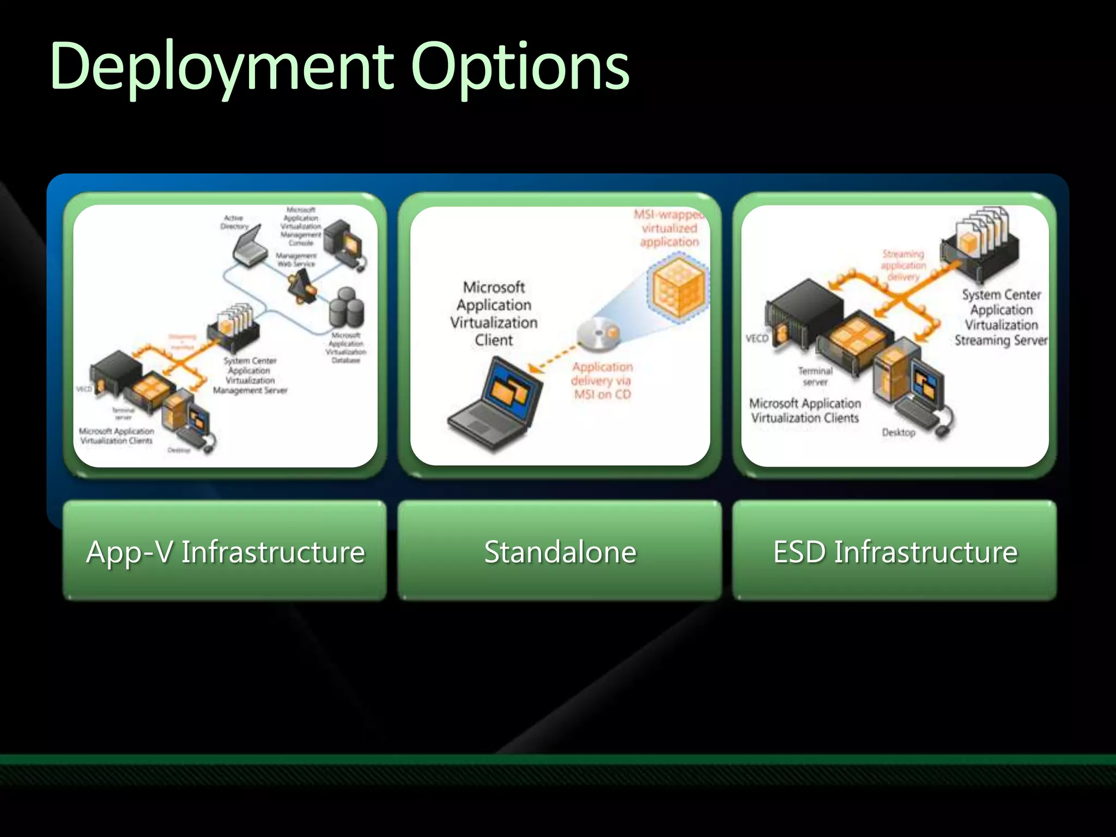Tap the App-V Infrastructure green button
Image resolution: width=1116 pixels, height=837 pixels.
pyautogui.click(x=225, y=551)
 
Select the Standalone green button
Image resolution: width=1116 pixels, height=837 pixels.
pyautogui.click(x=560, y=551)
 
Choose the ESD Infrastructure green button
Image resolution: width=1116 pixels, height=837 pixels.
pyautogui.click(x=894, y=551)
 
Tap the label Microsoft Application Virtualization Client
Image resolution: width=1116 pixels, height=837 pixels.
pyautogui.click(x=494, y=313)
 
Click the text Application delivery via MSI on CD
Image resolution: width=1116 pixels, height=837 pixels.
pyautogui.click(x=602, y=380)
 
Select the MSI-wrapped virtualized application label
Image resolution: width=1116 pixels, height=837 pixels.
pyautogui.click(x=669, y=228)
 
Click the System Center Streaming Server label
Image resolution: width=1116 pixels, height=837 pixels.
pyautogui.click(x=1001, y=318)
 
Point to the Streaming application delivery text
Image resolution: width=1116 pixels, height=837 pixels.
pyautogui.click(x=903, y=265)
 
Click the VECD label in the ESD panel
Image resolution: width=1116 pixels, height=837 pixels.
pyautogui.click(x=756, y=338)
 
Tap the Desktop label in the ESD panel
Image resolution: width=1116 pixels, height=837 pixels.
pyautogui.click(x=898, y=433)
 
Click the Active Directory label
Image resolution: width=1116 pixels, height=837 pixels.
pyautogui.click(x=234, y=222)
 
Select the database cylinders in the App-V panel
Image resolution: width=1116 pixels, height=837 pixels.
pyautogui.click(x=347, y=308)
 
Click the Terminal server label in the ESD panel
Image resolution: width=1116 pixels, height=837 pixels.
pyautogui.click(x=815, y=376)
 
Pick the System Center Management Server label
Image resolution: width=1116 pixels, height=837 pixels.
pyautogui.click(x=250, y=375)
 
